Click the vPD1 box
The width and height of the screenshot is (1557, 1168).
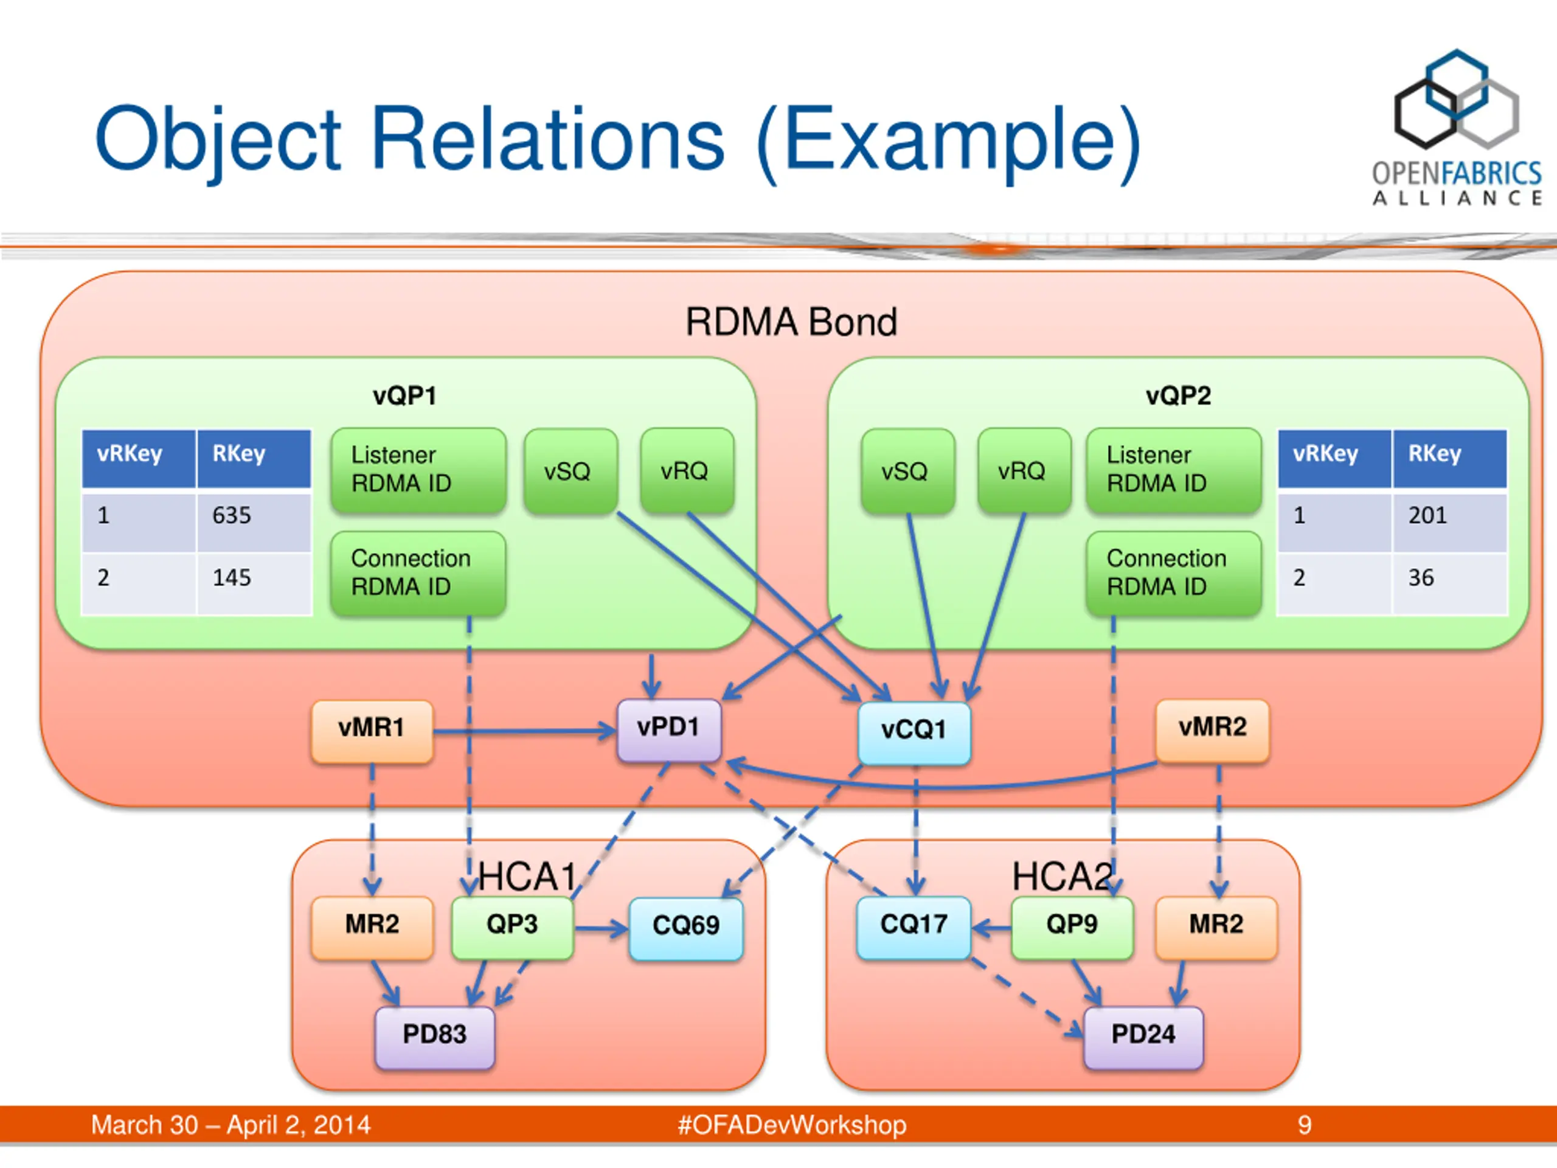coord(668,730)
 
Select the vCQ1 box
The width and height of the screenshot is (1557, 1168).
coord(914,733)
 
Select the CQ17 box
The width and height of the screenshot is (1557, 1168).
coord(914,927)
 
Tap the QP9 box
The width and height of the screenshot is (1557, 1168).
coord(1072,927)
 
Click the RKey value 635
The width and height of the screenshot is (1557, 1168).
coord(232,515)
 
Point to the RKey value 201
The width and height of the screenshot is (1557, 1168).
coord(1427,515)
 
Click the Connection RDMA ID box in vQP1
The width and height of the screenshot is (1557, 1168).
coord(418,573)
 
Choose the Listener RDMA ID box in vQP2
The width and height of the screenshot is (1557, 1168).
coord(1173,470)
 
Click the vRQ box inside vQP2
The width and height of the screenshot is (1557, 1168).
coord(1024,470)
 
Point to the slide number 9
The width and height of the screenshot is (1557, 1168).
coord(1305,1125)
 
